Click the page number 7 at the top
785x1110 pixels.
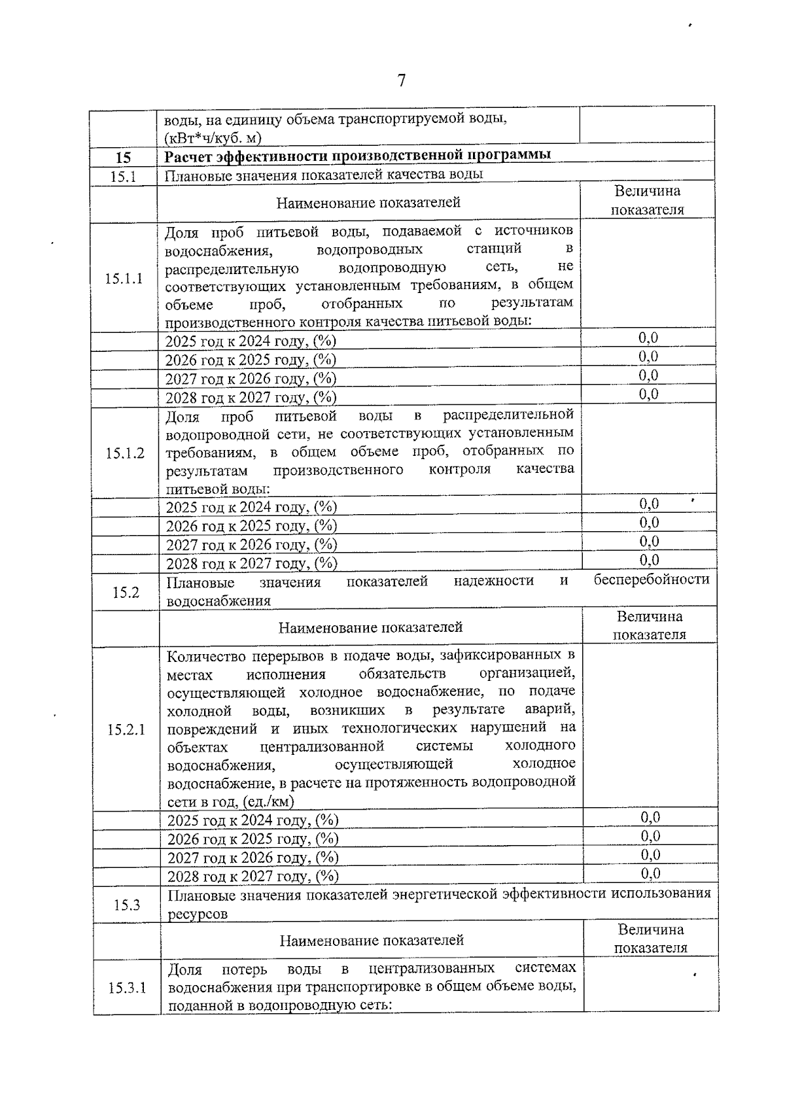point(401,81)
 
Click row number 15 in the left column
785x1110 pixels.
point(123,158)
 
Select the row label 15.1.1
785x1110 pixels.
point(124,279)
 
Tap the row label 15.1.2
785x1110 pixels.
point(125,453)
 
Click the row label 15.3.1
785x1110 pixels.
point(128,988)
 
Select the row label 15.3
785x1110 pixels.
point(127,905)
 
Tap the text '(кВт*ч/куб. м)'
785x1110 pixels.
point(213,138)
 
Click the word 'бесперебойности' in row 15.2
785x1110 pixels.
point(652,580)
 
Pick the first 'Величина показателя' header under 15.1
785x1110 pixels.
point(647,200)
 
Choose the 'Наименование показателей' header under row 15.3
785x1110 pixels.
point(372,941)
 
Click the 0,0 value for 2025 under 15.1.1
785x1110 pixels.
point(648,338)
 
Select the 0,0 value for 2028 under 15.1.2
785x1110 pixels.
point(649,560)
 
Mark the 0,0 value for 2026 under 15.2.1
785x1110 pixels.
point(650,836)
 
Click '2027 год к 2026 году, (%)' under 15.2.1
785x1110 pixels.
point(253,858)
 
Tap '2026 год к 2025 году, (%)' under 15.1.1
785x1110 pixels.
point(251,360)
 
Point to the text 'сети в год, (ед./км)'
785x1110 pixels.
point(231,801)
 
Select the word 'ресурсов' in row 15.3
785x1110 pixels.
point(198,914)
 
